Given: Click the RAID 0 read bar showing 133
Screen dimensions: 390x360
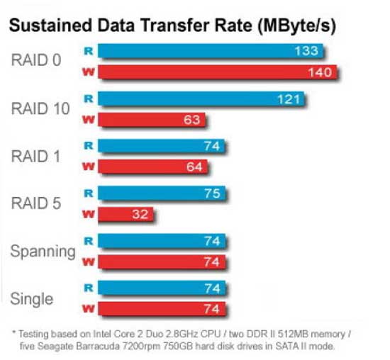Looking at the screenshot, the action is point(211,51).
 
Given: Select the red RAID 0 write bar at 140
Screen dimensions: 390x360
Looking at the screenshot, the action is point(218,72).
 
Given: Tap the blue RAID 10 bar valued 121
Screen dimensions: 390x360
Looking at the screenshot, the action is point(201,99).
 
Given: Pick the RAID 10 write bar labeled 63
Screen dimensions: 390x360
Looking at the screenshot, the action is point(152,120).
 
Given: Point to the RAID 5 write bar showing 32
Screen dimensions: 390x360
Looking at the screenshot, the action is point(126,214).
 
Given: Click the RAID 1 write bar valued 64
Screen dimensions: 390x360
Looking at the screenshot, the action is point(152,167).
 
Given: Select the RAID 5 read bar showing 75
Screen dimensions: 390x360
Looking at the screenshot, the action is point(162,193).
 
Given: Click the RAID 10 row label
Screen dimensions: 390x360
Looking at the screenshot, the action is point(40,108).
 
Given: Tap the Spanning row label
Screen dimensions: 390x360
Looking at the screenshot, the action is point(43,252).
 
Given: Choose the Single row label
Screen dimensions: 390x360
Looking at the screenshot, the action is point(32,298).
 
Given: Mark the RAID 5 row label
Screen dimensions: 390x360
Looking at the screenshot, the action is point(36,203).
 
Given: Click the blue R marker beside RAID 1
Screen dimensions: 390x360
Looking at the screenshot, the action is point(89,145).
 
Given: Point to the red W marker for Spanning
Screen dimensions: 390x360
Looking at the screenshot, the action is point(89,261).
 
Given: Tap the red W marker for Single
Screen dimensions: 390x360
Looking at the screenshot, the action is point(89,309).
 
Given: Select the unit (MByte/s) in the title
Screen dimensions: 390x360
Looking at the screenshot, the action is point(297,26).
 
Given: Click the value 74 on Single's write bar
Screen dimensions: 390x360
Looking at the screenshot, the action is point(212,309).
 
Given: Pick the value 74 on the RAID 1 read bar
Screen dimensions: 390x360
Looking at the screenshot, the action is point(212,146).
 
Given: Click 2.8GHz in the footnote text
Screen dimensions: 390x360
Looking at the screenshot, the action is point(182,334).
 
